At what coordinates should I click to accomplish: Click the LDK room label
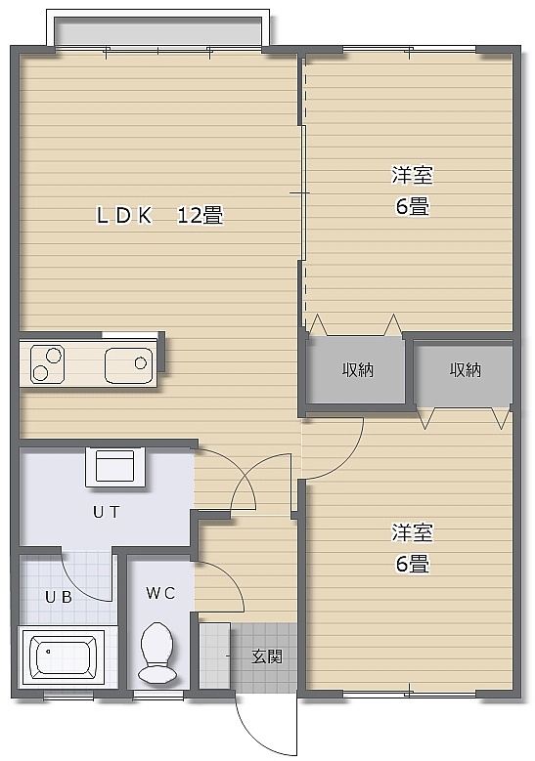coord(124,216)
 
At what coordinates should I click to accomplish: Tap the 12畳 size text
coord(200,216)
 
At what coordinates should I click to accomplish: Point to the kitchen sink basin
coord(129,364)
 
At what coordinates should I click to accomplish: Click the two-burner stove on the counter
coord(47,363)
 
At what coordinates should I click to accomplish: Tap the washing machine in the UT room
coord(115,467)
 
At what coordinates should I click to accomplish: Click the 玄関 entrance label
coord(267,656)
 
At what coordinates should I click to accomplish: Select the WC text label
coord(160,593)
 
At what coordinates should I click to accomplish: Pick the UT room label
coord(107,512)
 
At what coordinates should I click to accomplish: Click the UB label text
coord(59,597)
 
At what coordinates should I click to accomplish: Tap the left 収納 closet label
coord(358,370)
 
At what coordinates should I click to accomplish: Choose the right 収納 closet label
coord(465,370)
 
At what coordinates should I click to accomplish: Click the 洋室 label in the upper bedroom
coord(412,175)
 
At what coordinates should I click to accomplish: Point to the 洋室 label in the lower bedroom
coord(412,532)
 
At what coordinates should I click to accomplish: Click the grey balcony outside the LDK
coord(158,32)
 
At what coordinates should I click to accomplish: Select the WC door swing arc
coord(230,576)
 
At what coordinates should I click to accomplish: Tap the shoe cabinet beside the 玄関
coord(215,655)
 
